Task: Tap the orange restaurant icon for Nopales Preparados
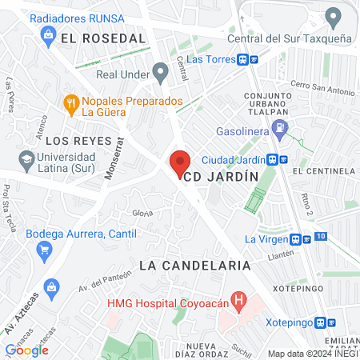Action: (71, 102)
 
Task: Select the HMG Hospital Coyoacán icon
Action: (238, 301)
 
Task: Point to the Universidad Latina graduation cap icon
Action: (27, 158)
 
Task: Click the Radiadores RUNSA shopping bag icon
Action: (48, 34)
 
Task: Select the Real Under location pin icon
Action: (161, 74)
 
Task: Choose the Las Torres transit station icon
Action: (246, 59)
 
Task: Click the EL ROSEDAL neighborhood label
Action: (107, 38)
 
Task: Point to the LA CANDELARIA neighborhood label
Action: (194, 265)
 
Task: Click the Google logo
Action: (26, 350)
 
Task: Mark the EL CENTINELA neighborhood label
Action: (323, 170)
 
